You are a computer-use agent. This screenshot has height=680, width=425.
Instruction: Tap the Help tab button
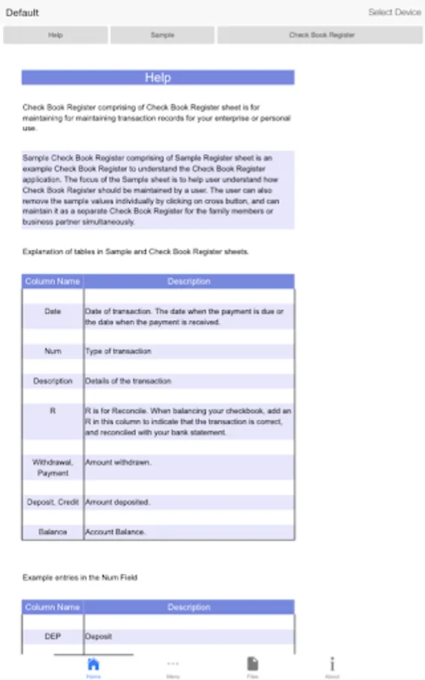coord(55,36)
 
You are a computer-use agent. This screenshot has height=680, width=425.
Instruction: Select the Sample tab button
coord(162,36)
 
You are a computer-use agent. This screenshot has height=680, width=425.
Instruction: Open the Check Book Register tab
coord(321,36)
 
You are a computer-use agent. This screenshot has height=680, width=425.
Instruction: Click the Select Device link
coord(394,12)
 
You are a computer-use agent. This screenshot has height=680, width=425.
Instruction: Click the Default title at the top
coord(23,13)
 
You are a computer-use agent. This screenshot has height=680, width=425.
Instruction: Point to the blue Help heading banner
coord(158,77)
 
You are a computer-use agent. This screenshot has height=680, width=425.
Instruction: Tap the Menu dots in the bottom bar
coord(173,666)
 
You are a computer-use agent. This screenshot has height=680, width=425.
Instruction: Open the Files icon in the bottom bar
coord(253,666)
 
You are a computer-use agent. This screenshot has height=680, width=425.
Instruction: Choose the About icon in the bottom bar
coord(332,666)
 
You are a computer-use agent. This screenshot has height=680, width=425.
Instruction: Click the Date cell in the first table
coord(53,311)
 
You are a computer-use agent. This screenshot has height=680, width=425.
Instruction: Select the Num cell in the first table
coord(53,351)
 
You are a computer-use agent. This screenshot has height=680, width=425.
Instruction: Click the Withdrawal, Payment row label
coord(53,467)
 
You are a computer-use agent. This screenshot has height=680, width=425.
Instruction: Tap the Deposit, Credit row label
coord(53,502)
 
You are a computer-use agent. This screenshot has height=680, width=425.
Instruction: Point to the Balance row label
coord(53,532)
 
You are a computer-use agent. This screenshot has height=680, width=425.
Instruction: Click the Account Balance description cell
coord(115,532)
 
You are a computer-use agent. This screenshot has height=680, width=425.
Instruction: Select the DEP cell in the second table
coord(53,636)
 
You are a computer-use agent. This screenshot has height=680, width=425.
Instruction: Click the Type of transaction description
coord(118,351)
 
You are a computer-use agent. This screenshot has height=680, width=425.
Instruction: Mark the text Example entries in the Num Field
coord(80,577)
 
